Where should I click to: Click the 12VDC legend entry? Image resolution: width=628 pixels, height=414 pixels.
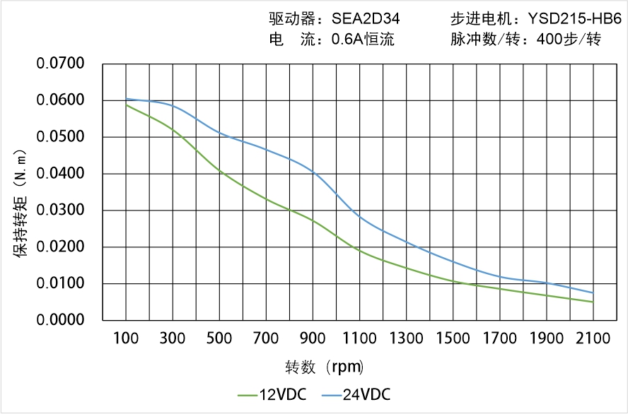point(272,394)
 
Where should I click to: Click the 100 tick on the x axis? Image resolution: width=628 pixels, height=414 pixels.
point(127,338)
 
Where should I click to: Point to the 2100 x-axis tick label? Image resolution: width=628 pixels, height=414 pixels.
point(593,338)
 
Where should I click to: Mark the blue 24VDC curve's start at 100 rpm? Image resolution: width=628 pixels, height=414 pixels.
point(127,99)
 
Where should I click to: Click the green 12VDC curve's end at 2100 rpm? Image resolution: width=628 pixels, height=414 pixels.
point(593,302)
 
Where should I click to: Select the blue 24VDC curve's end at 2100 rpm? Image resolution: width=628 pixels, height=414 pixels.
point(593,292)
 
